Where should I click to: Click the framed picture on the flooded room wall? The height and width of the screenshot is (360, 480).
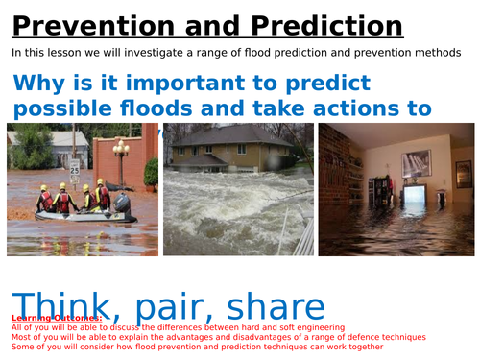tap(415, 162)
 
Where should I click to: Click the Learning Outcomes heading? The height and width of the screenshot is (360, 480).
tap(49, 318)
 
